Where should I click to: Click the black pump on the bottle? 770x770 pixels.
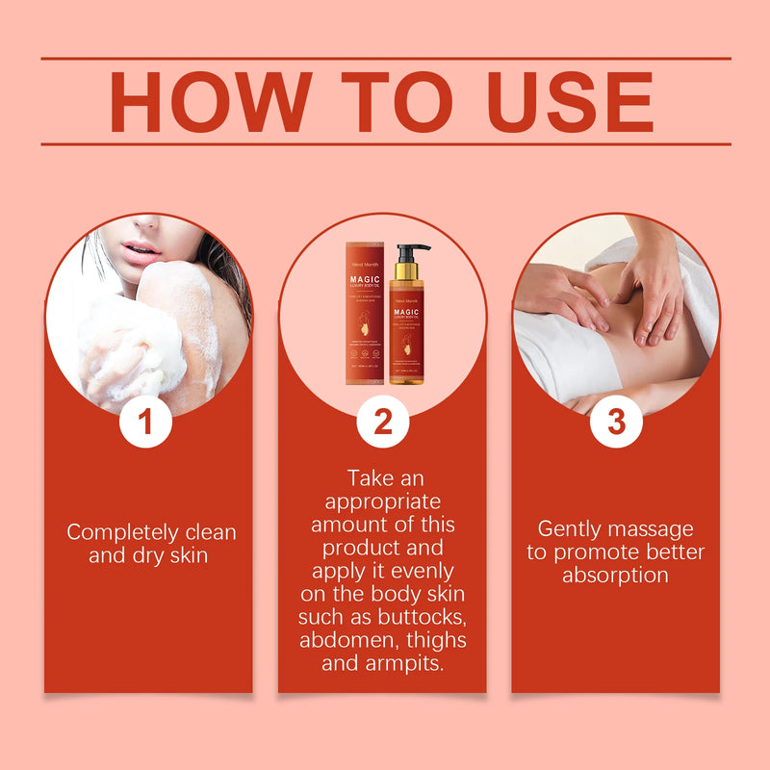(x=412, y=256)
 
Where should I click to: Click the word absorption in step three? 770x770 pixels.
(x=615, y=576)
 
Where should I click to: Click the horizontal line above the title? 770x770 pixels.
(x=385, y=58)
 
